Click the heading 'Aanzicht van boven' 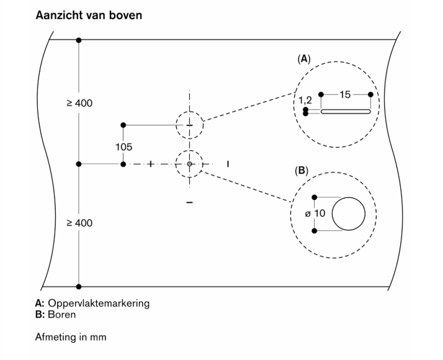(89, 14)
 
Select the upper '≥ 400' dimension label (79, 102)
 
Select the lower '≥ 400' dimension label (79, 222)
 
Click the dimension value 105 (123, 148)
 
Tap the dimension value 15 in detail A (345, 94)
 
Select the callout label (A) (304, 59)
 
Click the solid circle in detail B (349, 214)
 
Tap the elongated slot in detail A (345, 112)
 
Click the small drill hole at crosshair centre (190, 164)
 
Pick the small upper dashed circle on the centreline (189, 125)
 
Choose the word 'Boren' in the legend (64, 314)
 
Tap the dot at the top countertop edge (78, 40)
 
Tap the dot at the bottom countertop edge (78, 287)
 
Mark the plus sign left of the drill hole (150, 164)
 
